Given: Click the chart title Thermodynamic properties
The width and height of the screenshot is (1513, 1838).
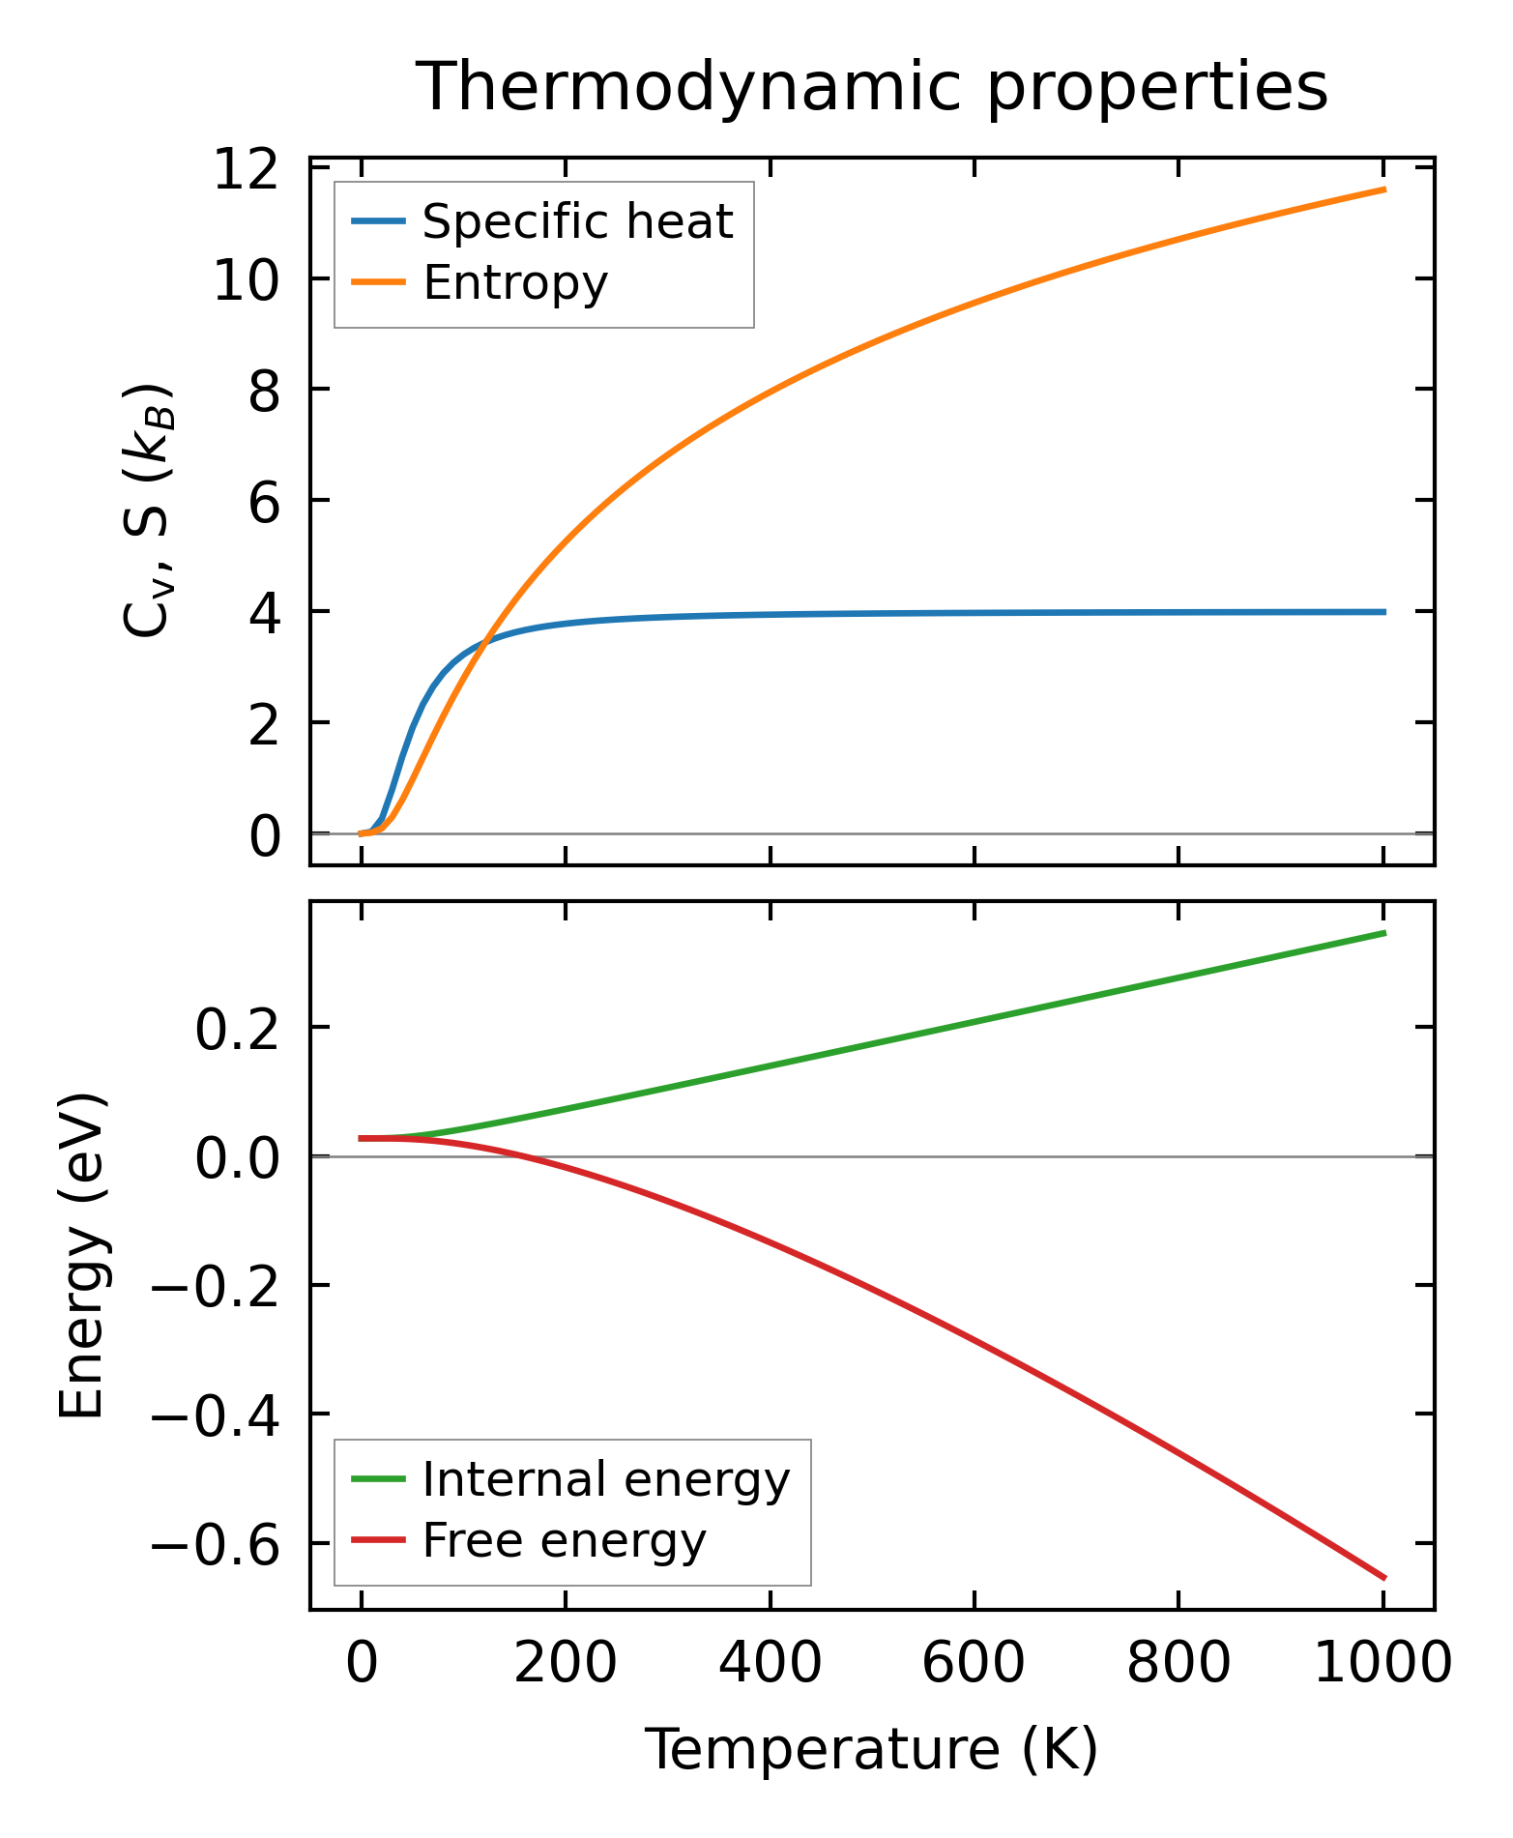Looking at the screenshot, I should point(871,88).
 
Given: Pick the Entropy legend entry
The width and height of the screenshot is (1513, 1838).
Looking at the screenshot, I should point(515,283).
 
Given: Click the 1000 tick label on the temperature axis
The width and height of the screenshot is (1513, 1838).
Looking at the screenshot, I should point(1383,1665).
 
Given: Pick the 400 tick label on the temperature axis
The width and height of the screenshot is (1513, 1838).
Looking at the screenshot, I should point(770,1665).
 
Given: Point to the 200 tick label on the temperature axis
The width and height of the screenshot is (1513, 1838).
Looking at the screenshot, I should point(566,1665).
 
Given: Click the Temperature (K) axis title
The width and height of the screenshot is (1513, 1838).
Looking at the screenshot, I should point(871,1750).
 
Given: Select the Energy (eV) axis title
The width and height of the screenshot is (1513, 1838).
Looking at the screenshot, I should point(82,1256).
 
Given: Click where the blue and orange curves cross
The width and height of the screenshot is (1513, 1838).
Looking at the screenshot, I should point(485,638).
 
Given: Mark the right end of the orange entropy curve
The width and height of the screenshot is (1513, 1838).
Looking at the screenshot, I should point(1384,190).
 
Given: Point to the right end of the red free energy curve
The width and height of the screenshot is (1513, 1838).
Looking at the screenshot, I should point(1384,1578).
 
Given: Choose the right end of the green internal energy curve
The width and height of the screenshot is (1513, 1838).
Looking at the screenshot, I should point(1384,933).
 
